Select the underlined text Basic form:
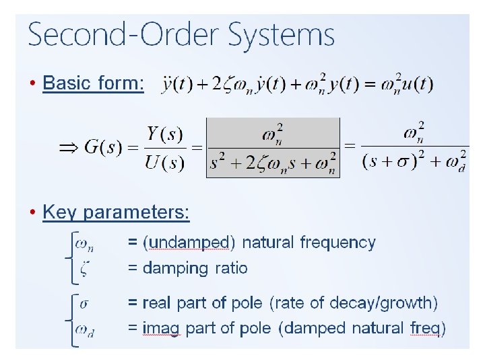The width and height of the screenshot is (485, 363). pyautogui.click(x=93, y=83)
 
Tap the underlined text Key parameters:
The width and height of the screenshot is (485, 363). pyautogui.click(x=116, y=212)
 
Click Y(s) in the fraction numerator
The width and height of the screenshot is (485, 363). pyautogui.click(x=165, y=134)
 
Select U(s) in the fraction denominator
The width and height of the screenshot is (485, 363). pyautogui.click(x=165, y=163)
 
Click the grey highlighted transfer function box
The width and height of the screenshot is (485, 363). pyautogui.click(x=273, y=147)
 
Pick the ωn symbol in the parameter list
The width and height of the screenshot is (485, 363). pyautogui.click(x=84, y=243)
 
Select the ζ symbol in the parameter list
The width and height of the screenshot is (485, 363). pyautogui.click(x=83, y=269)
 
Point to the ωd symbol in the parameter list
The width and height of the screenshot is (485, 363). pyautogui.click(x=84, y=329)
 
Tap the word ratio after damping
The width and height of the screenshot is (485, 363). pyautogui.click(x=231, y=268)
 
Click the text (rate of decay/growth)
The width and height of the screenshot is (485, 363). pyautogui.click(x=354, y=302)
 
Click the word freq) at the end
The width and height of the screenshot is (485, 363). pyautogui.click(x=428, y=329)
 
